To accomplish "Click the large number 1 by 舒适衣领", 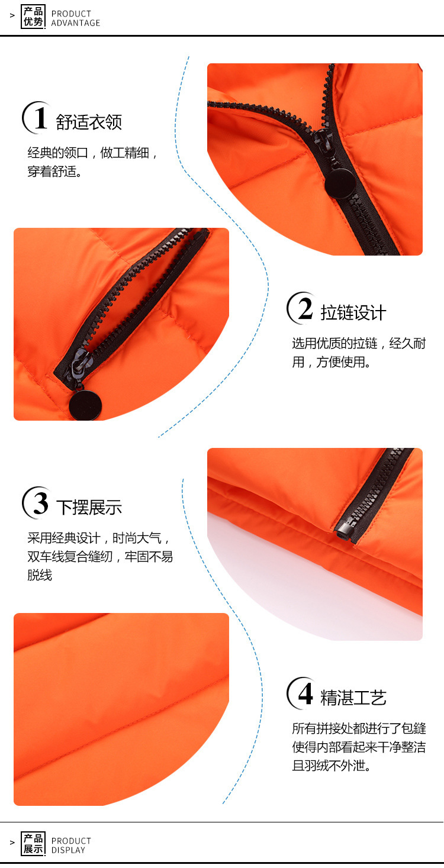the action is click(x=41, y=118).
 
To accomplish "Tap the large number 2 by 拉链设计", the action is click(x=305, y=308).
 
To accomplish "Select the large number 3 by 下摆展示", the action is click(x=41, y=503).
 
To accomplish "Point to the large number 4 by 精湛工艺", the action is click(x=305, y=693).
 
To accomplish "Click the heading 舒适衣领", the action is click(x=89, y=122).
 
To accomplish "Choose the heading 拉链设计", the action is click(x=353, y=313).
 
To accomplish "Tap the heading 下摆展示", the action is click(x=89, y=507).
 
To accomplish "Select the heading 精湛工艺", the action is click(x=353, y=698).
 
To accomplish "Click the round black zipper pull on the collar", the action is click(x=339, y=183).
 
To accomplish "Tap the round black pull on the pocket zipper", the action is click(x=85, y=405).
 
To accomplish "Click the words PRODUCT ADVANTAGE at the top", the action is click(x=76, y=18).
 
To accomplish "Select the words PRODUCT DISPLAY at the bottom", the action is click(x=72, y=845).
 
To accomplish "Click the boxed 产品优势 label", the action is click(x=33, y=17).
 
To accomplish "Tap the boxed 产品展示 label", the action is click(x=33, y=844).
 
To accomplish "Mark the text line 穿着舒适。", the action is click(x=54, y=171).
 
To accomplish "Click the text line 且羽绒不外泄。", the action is click(x=332, y=766).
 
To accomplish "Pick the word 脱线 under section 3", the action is click(x=40, y=575).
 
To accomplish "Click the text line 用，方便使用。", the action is click(x=332, y=362).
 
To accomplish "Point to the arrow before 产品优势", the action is click(x=12, y=15).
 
